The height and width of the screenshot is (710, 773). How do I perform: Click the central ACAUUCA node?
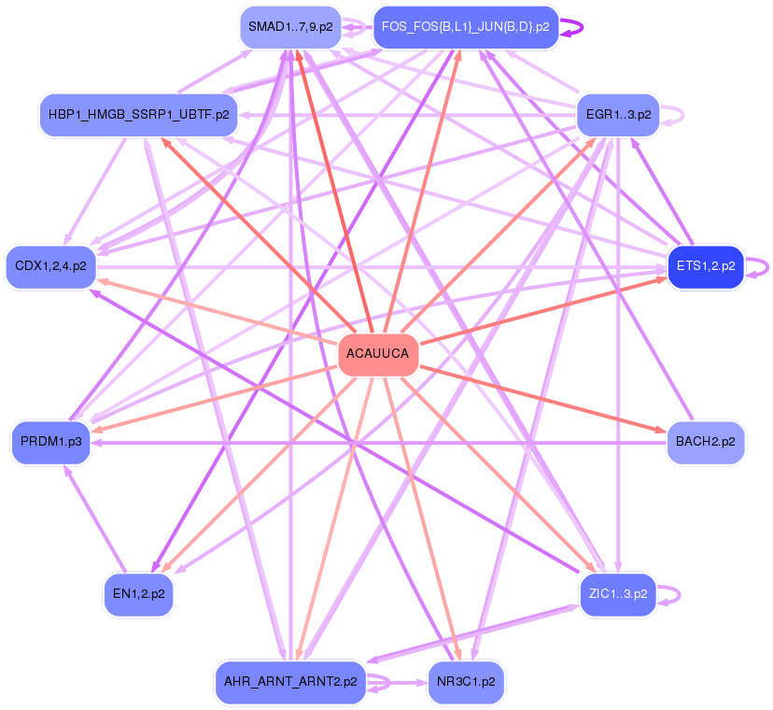point(377,354)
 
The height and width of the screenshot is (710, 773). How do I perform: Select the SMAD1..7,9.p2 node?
point(290,27)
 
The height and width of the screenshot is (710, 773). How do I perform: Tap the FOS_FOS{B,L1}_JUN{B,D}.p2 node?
point(465,27)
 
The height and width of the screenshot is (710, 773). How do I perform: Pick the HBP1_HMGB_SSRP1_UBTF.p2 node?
point(137,115)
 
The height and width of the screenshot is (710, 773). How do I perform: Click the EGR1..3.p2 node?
point(618,115)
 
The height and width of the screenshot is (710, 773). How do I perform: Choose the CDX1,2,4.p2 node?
point(50,266)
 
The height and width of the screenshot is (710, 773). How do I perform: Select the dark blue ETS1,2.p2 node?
point(705,266)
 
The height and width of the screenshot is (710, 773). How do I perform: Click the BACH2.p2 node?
point(705,441)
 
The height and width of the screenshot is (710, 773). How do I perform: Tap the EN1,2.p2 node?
point(138,593)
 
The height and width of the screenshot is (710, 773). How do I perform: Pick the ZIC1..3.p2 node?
point(617,593)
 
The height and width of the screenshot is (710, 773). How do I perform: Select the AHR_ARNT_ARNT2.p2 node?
point(290,682)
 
